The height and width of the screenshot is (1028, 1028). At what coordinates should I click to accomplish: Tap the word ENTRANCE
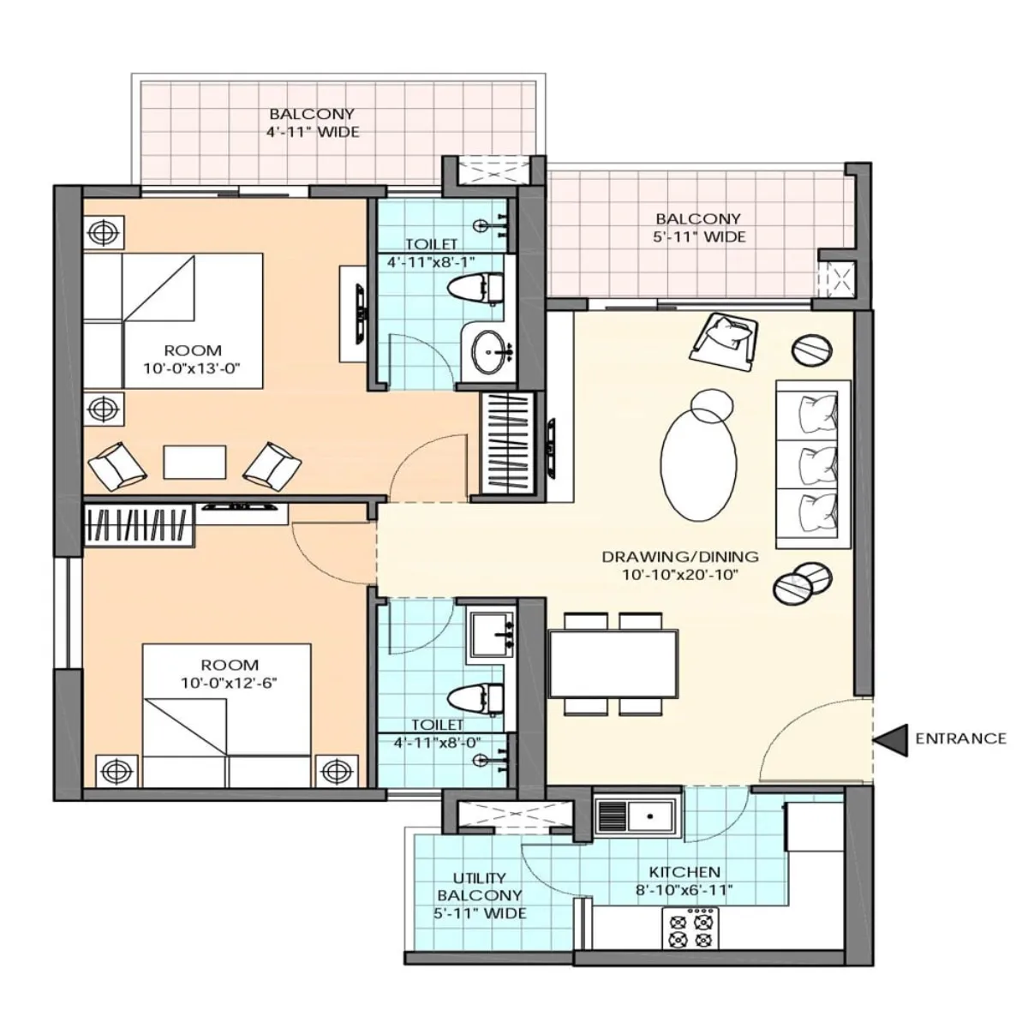[960, 738]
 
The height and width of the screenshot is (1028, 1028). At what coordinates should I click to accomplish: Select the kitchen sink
[636, 816]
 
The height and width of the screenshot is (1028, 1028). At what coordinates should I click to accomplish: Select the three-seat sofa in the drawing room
[813, 463]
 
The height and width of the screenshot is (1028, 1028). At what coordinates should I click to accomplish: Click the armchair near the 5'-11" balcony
[726, 340]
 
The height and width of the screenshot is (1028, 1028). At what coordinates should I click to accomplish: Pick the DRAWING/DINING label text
[679, 557]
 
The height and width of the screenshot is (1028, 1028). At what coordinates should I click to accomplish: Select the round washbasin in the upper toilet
[489, 351]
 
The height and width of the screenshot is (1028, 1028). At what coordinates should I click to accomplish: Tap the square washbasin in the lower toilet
[492, 635]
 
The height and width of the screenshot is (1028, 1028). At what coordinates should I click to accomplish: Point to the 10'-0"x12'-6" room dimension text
[230, 683]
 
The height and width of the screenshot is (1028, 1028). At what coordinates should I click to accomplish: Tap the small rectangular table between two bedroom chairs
[194, 463]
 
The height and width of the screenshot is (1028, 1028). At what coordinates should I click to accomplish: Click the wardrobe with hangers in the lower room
[140, 523]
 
